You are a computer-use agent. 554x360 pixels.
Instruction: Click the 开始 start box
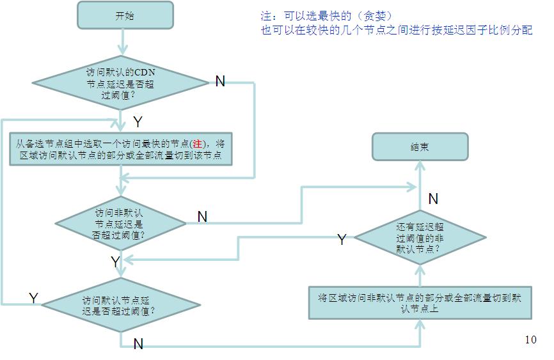pos(125,15)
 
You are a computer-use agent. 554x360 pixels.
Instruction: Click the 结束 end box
pos(420,146)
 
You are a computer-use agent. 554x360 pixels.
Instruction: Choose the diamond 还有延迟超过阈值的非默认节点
pos(420,237)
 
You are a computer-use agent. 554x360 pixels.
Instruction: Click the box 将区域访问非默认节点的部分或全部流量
pos(420,302)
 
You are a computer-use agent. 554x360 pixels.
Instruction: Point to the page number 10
pos(530,340)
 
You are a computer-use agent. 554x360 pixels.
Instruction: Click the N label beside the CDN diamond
pos(220,81)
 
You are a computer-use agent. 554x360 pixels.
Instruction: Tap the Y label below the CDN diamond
pos(138,121)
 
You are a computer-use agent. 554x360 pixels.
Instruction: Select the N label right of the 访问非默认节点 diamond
pos(202,217)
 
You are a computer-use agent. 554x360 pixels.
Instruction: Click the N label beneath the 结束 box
pos(433,199)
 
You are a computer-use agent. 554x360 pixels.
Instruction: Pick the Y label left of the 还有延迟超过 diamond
pos(342,240)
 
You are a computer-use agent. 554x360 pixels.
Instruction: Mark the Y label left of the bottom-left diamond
pos(34,298)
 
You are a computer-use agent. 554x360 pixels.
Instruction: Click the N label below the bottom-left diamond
pos(138,344)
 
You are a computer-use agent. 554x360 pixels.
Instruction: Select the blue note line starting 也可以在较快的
pos(397,30)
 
